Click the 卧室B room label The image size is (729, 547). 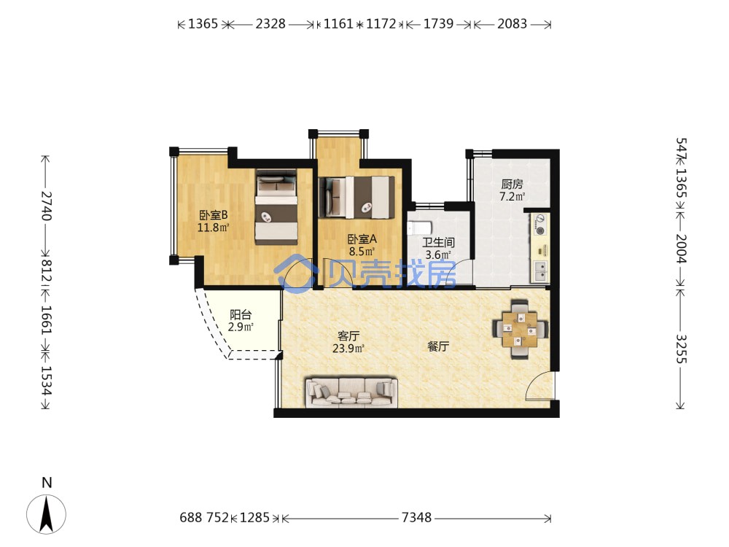214,215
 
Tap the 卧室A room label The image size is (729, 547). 362,239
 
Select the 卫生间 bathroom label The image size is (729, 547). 438,242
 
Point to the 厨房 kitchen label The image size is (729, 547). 512,185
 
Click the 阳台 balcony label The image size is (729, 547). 241,315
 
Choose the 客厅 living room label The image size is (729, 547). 348,335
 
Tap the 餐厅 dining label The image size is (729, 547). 438,346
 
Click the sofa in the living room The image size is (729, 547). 351,392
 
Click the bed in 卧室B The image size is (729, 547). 276,207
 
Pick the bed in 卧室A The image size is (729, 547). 356,197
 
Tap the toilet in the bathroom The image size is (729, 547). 419,228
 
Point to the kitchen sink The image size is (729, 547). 540,271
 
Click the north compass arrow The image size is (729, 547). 46,514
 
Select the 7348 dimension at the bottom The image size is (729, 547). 416,517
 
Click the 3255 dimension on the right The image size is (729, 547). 681,349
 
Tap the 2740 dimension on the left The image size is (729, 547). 46,205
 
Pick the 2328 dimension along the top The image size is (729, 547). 270,24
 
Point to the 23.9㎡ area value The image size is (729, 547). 348,348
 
